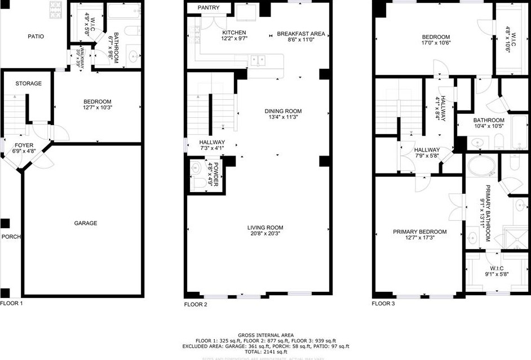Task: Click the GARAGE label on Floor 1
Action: coord(86,223)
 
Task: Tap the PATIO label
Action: coord(36,37)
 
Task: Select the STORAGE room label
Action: coord(28,83)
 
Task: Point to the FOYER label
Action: coord(24,145)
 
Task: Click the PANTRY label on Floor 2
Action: coord(208,8)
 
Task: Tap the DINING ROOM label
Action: coord(283,111)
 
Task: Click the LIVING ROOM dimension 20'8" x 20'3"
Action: coord(265,234)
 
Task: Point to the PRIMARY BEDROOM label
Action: coord(419,232)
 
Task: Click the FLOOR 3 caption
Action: coord(383,304)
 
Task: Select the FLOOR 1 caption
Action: coord(12,303)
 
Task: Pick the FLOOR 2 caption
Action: coord(196,304)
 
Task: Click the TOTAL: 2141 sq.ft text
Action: coord(265,353)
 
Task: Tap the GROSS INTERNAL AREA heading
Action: coord(265,335)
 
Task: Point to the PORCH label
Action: coord(11,237)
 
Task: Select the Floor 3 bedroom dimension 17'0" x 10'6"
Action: coord(436,43)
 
